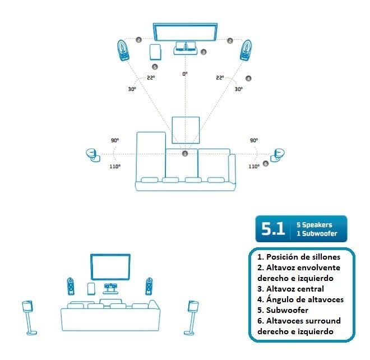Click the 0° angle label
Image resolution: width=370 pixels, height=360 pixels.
point(184,73)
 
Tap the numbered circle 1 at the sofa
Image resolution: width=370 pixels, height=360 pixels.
point(184,153)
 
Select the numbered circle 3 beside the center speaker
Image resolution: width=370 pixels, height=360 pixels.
point(203,52)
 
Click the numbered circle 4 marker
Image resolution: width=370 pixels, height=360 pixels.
point(248,79)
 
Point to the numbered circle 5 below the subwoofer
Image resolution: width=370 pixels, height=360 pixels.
point(155,66)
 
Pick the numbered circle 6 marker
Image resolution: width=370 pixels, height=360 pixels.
point(265,163)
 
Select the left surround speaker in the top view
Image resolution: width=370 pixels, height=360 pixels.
point(91,154)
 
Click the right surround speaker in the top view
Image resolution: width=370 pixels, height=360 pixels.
point(278,154)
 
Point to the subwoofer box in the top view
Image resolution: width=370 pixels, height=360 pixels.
point(154,52)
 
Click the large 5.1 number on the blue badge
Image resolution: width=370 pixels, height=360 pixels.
point(273,229)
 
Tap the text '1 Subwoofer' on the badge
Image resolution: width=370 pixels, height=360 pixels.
point(317,233)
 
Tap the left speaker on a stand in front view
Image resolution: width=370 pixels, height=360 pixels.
point(26,314)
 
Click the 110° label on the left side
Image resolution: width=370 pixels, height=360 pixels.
point(115,166)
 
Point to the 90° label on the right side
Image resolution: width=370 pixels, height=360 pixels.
point(254,140)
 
